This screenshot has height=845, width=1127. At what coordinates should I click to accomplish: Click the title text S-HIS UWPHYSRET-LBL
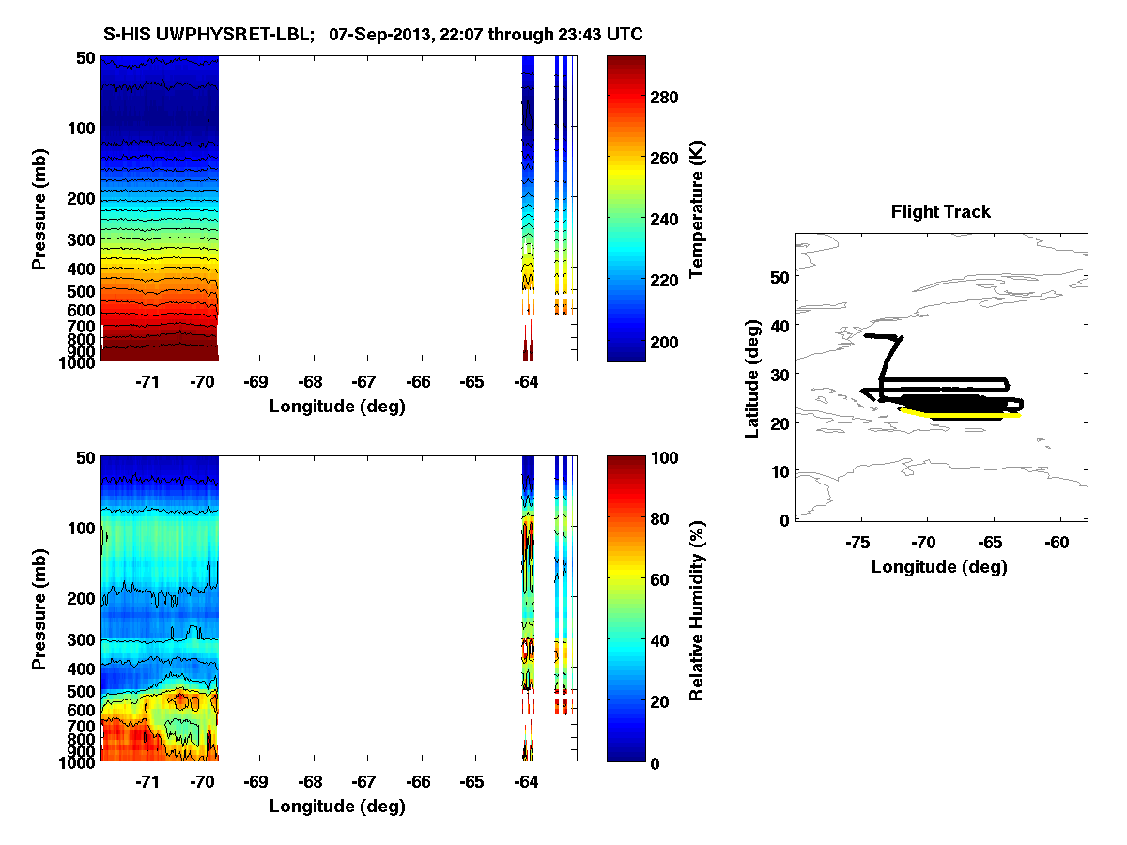pos(209,35)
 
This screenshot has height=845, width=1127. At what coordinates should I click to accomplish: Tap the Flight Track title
pos(940,212)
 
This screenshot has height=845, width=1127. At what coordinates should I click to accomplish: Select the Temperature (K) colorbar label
pos(697,208)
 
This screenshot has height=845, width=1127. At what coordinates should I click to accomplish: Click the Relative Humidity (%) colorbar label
pos(697,608)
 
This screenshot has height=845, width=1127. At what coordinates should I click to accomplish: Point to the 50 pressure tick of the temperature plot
pos(85,57)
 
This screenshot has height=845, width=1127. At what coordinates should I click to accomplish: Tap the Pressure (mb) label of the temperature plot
pos(39,208)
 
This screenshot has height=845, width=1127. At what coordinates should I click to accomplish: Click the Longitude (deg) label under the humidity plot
pos(337,807)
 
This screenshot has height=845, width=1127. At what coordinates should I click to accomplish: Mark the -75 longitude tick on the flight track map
pos(857,542)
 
